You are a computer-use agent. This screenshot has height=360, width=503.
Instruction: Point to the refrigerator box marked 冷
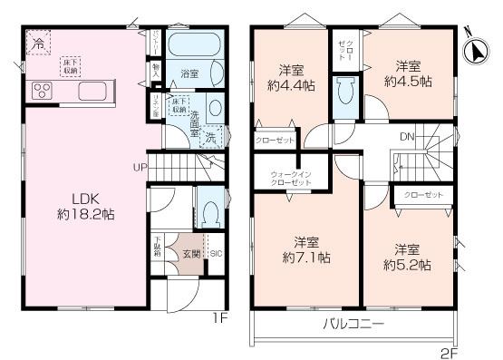[x=39, y=43]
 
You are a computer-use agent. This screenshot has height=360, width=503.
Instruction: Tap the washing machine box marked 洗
[x=210, y=138]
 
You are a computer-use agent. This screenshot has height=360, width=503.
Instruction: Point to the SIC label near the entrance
[x=216, y=253]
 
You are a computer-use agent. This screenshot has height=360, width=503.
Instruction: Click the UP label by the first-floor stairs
[x=140, y=168]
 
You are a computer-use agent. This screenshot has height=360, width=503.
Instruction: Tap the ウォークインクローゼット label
[x=291, y=177]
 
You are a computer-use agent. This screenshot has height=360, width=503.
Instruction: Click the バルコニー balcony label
[x=354, y=323]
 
